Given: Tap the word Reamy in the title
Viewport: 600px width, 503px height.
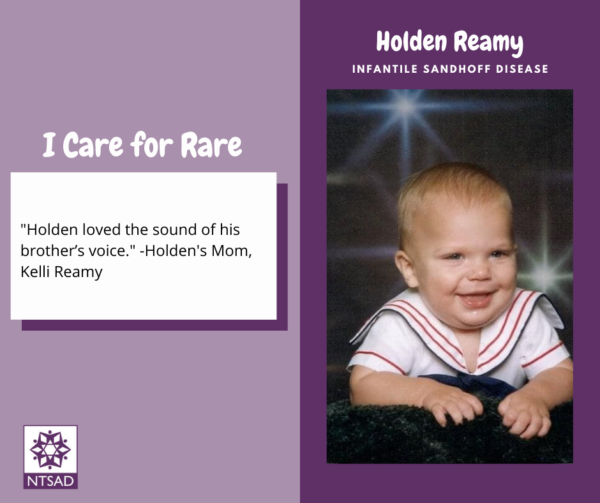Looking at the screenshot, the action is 489,43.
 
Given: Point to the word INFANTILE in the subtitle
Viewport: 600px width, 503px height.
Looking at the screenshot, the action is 384,69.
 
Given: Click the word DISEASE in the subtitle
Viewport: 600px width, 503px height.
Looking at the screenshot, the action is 522,69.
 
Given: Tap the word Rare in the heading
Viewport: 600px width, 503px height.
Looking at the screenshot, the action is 211,145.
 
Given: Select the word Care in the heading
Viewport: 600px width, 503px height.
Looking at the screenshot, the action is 93,145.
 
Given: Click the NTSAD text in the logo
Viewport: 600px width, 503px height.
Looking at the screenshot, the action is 50,481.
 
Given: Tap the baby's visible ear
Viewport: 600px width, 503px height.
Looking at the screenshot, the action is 405,268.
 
